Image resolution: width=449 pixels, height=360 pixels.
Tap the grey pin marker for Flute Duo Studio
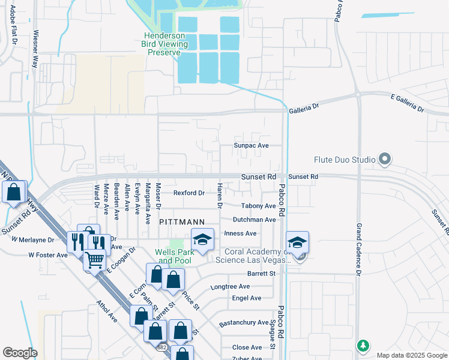pyautogui.click(x=385, y=160)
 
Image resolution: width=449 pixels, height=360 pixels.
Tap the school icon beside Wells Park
pyautogui.click(x=202, y=240)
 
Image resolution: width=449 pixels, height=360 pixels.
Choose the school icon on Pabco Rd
pyautogui.click(x=297, y=242)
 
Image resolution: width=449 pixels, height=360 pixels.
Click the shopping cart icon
pyautogui.click(x=94, y=260)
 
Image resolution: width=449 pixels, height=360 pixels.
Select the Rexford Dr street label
pyautogui.click(x=189, y=193)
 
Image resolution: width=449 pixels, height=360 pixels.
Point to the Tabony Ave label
pyautogui.click(x=259, y=206)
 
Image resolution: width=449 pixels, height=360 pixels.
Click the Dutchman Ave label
pyautogui.click(x=254, y=220)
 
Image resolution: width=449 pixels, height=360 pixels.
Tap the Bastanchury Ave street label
pyautogui.click(x=244, y=323)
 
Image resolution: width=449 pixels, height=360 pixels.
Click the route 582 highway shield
pyautogui.click(x=161, y=347)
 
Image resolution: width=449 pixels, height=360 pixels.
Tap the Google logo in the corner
pyautogui.click(x=20, y=353)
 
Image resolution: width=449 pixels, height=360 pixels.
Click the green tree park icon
pyautogui.click(x=363, y=346)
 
